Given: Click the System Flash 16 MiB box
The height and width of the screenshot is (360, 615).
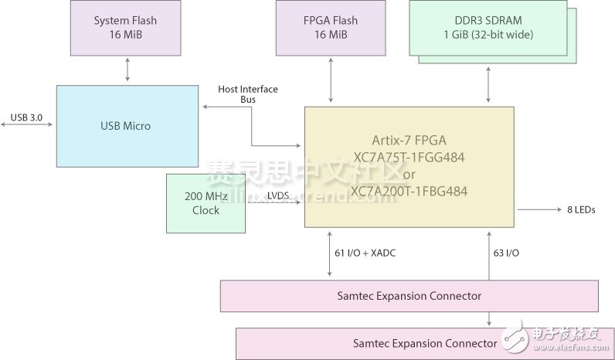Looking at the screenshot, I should point(126,27).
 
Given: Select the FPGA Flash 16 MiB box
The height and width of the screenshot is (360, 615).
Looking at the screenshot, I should point(331,27).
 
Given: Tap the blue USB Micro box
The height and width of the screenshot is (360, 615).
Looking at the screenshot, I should point(127,126).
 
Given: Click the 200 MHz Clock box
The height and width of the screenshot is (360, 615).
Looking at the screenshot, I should point(206,203).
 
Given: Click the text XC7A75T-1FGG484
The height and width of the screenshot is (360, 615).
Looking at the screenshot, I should point(409,157).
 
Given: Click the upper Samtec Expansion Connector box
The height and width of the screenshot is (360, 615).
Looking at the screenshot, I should point(409,296).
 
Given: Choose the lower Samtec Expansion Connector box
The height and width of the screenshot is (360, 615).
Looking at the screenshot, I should point(424,343).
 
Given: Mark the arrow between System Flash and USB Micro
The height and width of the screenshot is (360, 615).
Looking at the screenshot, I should point(127,70).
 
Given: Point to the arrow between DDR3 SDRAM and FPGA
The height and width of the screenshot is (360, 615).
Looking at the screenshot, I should point(488,85).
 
